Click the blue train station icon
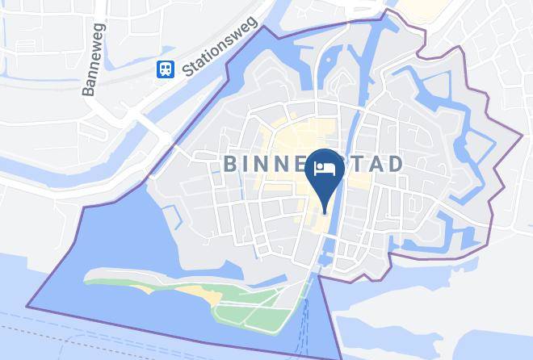click(x=166, y=69)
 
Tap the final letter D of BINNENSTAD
click(x=396, y=165)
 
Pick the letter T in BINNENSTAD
click(x=356, y=165)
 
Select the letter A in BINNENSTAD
click(x=376, y=165)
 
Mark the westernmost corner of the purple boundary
click(x=27, y=306)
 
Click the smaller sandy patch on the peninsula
click(x=212, y=299)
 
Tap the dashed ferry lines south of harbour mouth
click(x=304, y=323)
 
